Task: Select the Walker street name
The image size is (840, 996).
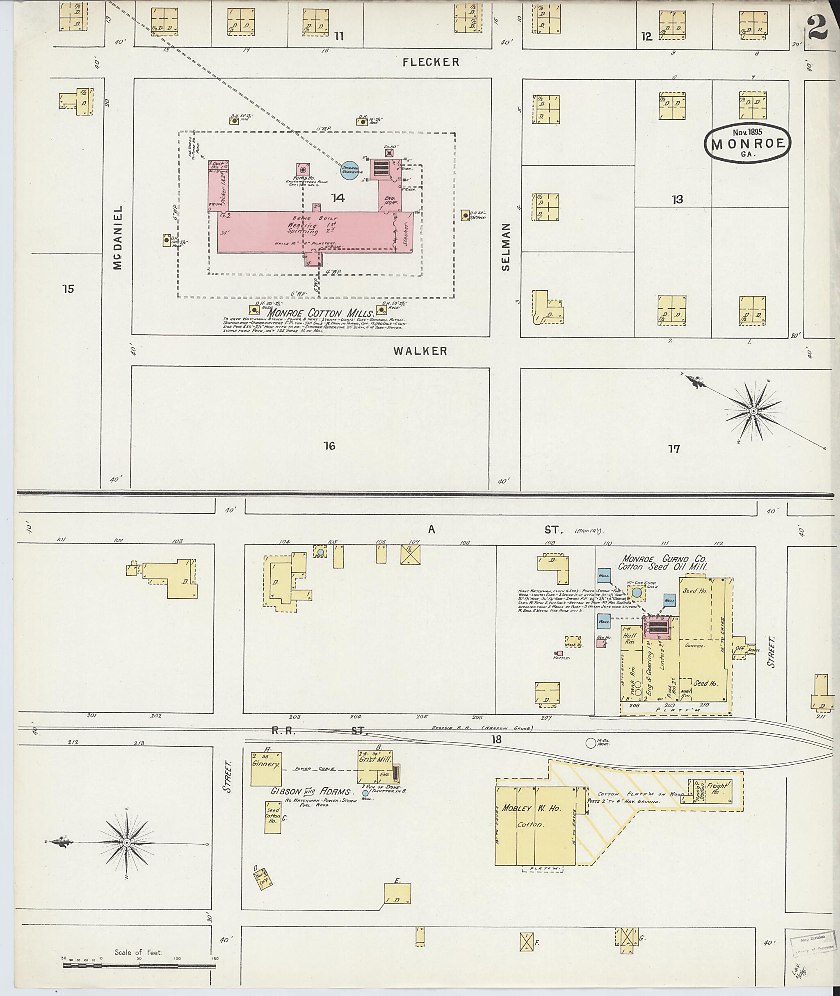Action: tap(420, 351)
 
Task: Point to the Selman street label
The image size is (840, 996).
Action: tap(506, 246)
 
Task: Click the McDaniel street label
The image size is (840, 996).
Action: tap(119, 237)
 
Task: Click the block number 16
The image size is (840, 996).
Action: tap(329, 446)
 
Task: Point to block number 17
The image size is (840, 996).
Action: tap(674, 449)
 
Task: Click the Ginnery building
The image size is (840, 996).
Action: tap(266, 768)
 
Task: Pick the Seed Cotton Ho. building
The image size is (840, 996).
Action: tap(273, 816)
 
